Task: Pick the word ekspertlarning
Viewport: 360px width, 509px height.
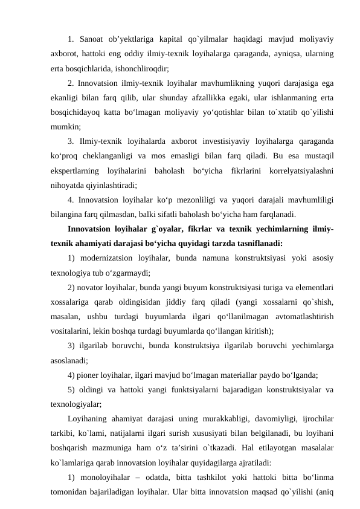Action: click(x=76, y=170)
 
